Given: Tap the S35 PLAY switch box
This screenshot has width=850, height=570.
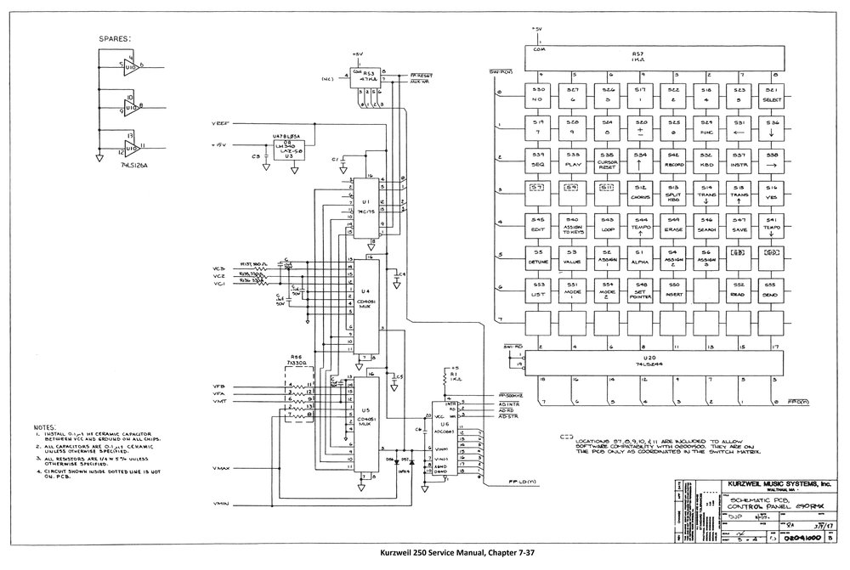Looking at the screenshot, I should pyautogui.click(x=573, y=159).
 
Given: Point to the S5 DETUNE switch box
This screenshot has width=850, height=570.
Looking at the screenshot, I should pyautogui.click(x=538, y=257).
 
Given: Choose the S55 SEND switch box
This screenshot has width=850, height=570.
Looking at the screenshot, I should pyautogui.click(x=772, y=289).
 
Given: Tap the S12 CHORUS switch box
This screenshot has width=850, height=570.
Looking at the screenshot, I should pyautogui.click(x=639, y=192).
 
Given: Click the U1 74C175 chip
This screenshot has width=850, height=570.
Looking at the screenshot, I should pyautogui.click(x=365, y=208).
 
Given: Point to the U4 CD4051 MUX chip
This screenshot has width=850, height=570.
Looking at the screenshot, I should pyautogui.click(x=365, y=306).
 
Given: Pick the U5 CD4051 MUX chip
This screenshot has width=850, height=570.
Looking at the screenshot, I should pyautogui.click(x=365, y=421).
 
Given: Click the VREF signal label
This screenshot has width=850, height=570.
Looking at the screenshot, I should pyautogui.click(x=220, y=124).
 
